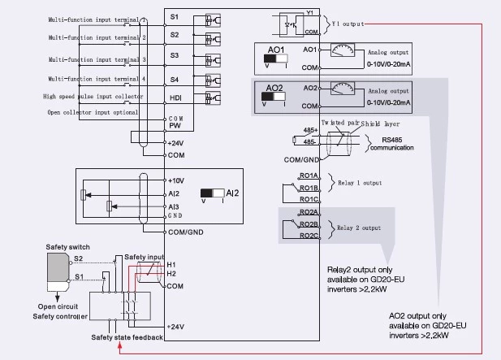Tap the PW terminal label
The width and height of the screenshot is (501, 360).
coord(175,126)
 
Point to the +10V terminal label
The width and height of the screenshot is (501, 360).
coord(178,180)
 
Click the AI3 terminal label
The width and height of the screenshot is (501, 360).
coord(175,207)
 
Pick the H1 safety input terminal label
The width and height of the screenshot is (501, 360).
coord(171,264)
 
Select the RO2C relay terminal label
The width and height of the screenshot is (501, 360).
coord(309,236)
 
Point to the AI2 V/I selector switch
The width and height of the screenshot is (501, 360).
coord(213,194)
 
